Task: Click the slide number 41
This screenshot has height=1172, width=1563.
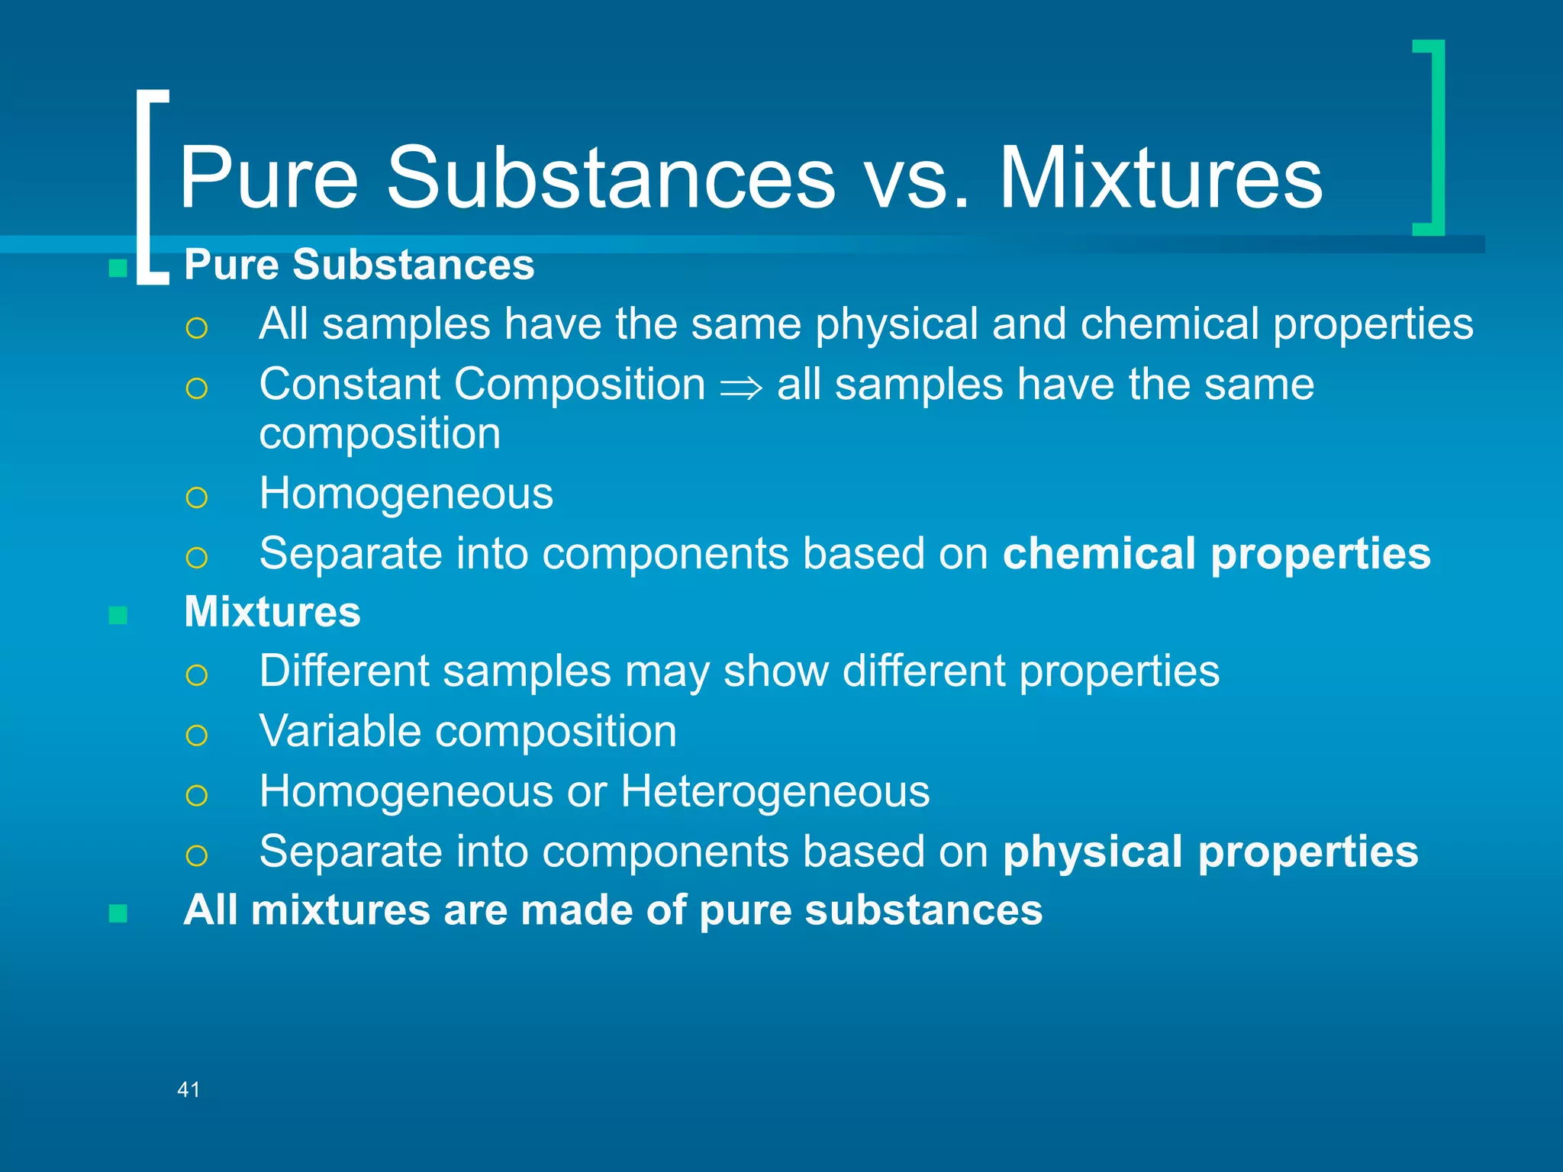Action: (x=189, y=1090)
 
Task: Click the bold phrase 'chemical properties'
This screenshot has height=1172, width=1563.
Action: (x=1217, y=553)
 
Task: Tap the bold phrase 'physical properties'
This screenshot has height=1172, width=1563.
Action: (x=1210, y=852)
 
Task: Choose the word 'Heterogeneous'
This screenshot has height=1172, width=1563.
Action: (x=775, y=791)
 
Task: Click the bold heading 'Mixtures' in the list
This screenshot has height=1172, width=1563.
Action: (x=272, y=612)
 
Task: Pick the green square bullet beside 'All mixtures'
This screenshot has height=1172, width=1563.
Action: (x=118, y=913)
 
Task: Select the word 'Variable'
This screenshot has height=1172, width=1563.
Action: (x=340, y=732)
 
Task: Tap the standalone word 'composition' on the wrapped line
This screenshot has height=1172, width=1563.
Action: (x=380, y=434)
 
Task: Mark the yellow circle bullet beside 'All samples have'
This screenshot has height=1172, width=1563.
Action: (x=196, y=328)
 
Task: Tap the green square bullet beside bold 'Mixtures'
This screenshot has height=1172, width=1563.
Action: (x=118, y=615)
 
